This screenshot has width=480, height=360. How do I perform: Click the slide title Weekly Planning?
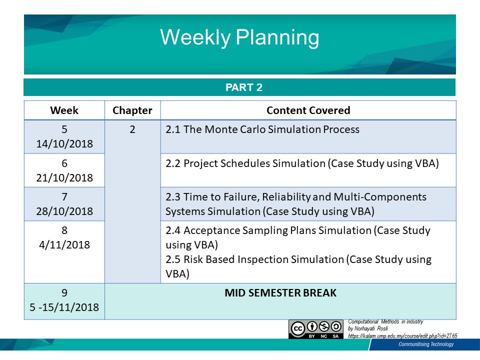(239, 37)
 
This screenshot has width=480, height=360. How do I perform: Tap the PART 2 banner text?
(244, 87)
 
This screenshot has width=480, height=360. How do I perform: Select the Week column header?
(64, 110)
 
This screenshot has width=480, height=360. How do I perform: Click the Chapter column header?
(132, 110)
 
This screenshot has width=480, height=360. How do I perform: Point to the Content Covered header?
(308, 110)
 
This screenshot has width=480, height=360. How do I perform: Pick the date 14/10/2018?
(64, 144)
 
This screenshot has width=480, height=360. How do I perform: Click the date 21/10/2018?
(64, 178)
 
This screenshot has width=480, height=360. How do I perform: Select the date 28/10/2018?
(64, 211)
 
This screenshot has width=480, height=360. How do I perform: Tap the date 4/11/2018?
(64, 245)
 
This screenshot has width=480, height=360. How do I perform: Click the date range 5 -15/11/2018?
(64, 307)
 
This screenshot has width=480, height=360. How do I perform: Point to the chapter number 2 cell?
(132, 129)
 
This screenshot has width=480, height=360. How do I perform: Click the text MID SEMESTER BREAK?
(280, 293)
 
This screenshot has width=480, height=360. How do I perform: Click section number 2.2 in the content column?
(173, 163)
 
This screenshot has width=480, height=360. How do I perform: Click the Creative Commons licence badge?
(316, 329)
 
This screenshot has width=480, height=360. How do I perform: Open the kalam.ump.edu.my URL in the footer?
(402, 336)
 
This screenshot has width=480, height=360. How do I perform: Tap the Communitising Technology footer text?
(426, 344)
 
